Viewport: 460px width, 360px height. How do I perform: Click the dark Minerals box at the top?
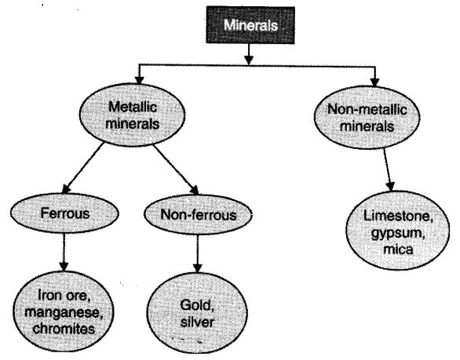point(250,25)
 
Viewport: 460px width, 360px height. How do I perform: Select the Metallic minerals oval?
point(133,115)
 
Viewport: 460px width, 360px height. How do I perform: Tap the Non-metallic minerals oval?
point(367,118)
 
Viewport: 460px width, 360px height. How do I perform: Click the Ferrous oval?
point(64,213)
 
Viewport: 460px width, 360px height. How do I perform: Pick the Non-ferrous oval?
point(198,215)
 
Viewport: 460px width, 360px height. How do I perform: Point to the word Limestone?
point(398,216)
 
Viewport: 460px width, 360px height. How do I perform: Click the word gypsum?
point(398,234)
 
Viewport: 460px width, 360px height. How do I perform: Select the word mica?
point(398,249)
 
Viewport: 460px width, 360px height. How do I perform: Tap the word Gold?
point(196,305)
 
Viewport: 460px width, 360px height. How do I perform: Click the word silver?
point(197,322)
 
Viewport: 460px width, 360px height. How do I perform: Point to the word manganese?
point(64,312)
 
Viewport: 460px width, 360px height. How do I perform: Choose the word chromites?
point(64,329)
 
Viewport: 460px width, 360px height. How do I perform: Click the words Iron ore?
point(64,295)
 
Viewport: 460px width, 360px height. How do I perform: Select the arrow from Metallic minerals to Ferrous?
point(83,168)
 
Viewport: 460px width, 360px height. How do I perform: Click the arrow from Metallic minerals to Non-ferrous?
point(175,169)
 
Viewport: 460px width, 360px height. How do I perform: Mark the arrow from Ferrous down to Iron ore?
point(64,252)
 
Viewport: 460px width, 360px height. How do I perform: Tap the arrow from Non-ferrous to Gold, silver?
point(198,254)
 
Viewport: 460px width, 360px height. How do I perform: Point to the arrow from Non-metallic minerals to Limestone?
point(388,170)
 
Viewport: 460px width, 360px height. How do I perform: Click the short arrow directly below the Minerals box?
point(249,55)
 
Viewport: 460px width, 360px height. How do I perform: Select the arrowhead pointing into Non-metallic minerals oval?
point(375,82)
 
